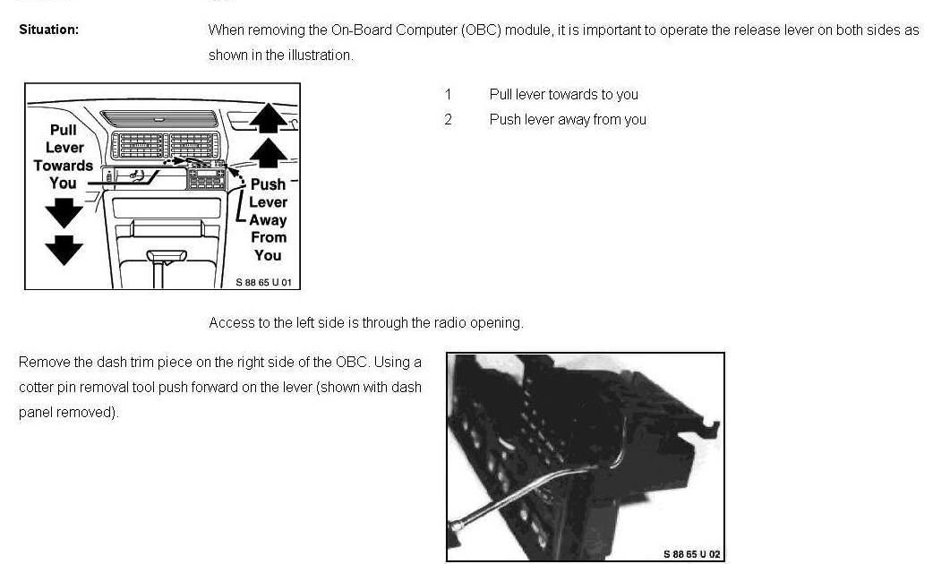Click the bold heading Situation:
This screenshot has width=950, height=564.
[48, 30]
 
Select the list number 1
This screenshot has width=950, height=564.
[448, 95]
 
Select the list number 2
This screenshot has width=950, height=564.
[448, 119]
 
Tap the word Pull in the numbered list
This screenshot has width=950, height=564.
[501, 95]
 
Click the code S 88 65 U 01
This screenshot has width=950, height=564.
[263, 282]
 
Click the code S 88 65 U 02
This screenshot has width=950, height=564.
[692, 553]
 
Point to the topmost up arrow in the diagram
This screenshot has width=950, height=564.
[269, 117]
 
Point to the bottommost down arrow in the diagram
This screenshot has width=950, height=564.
[64, 250]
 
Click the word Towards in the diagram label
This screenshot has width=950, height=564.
[64, 166]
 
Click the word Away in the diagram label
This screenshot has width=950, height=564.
[268, 220]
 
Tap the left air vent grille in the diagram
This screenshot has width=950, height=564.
[138, 145]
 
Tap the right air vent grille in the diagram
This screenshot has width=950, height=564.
[193, 145]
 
